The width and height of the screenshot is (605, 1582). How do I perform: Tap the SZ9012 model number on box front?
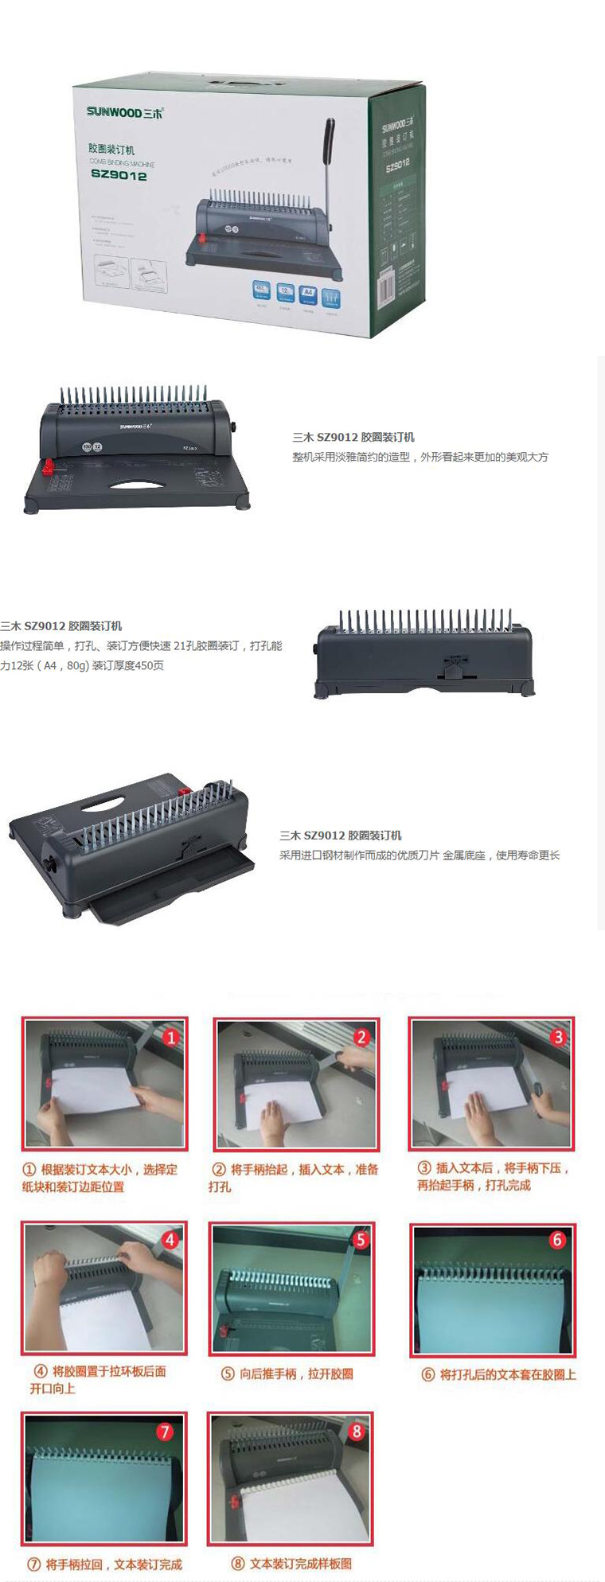(x=119, y=176)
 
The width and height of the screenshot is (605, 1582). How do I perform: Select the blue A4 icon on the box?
(x=308, y=293)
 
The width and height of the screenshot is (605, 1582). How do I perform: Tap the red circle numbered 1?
(x=170, y=1038)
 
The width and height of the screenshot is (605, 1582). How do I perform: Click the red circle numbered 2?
(x=361, y=1037)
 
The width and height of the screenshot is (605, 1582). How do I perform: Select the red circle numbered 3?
(x=558, y=1036)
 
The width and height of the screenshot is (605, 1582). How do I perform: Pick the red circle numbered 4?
(x=170, y=1240)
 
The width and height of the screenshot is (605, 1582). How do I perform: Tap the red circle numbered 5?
(x=361, y=1240)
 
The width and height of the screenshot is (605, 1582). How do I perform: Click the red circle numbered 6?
(x=556, y=1240)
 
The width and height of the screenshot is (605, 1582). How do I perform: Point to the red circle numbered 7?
(x=165, y=1432)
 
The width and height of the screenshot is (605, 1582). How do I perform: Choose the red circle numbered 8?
(x=356, y=1431)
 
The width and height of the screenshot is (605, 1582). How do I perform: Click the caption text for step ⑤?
(x=287, y=1374)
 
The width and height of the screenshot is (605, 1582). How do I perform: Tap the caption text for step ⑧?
(x=291, y=1563)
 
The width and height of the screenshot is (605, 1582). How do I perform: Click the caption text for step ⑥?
(x=498, y=1374)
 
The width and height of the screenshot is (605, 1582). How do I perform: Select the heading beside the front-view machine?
(x=353, y=437)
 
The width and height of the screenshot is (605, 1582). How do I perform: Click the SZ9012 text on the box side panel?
(x=397, y=166)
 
